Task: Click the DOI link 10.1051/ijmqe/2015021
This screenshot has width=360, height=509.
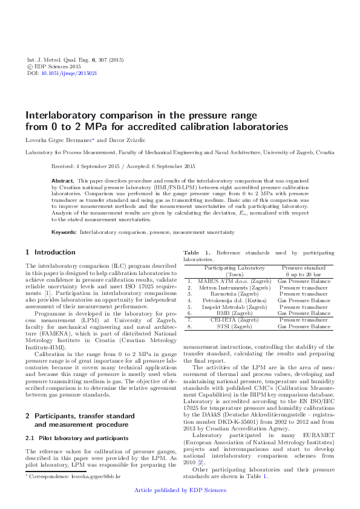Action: [x=69, y=73]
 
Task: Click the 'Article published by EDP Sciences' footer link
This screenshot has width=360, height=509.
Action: [x=180, y=490]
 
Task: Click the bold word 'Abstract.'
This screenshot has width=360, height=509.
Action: [x=63, y=181]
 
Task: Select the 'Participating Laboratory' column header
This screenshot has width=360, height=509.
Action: [x=234, y=268]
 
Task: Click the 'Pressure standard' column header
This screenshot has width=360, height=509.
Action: [x=304, y=268]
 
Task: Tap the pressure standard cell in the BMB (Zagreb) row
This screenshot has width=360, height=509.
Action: [x=304, y=313]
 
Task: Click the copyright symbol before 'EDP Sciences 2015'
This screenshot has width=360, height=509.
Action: [x=31, y=67]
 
